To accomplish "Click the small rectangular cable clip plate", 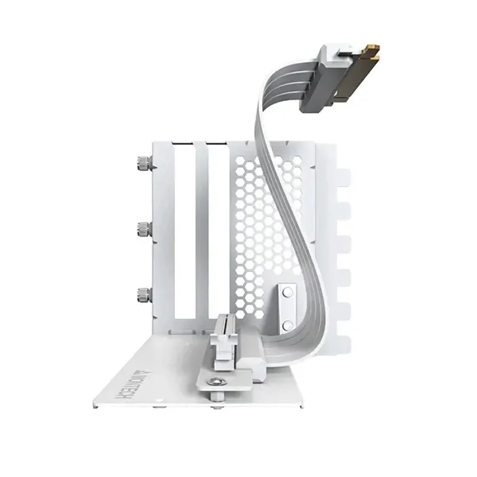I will [289, 302].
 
